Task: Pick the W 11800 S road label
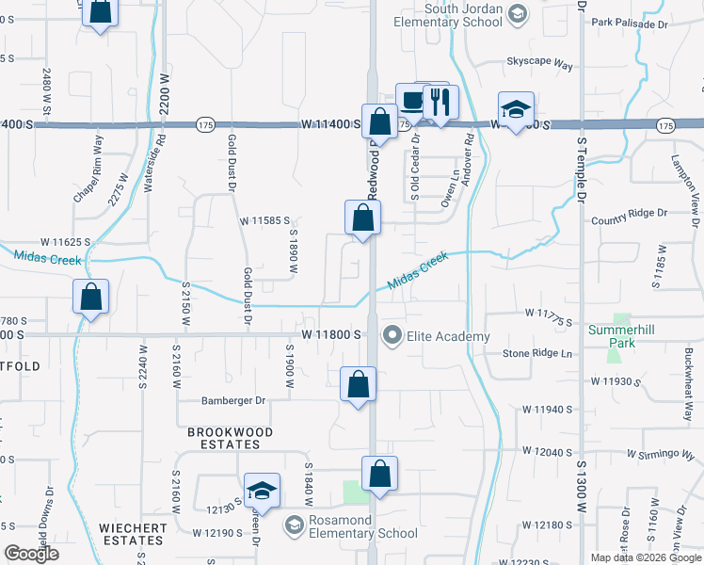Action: (333, 334)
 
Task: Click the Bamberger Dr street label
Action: (233, 400)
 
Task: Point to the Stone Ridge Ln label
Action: (537, 353)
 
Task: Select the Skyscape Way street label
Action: (539, 65)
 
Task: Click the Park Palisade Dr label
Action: (629, 22)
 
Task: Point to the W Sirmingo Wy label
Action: (665, 453)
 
